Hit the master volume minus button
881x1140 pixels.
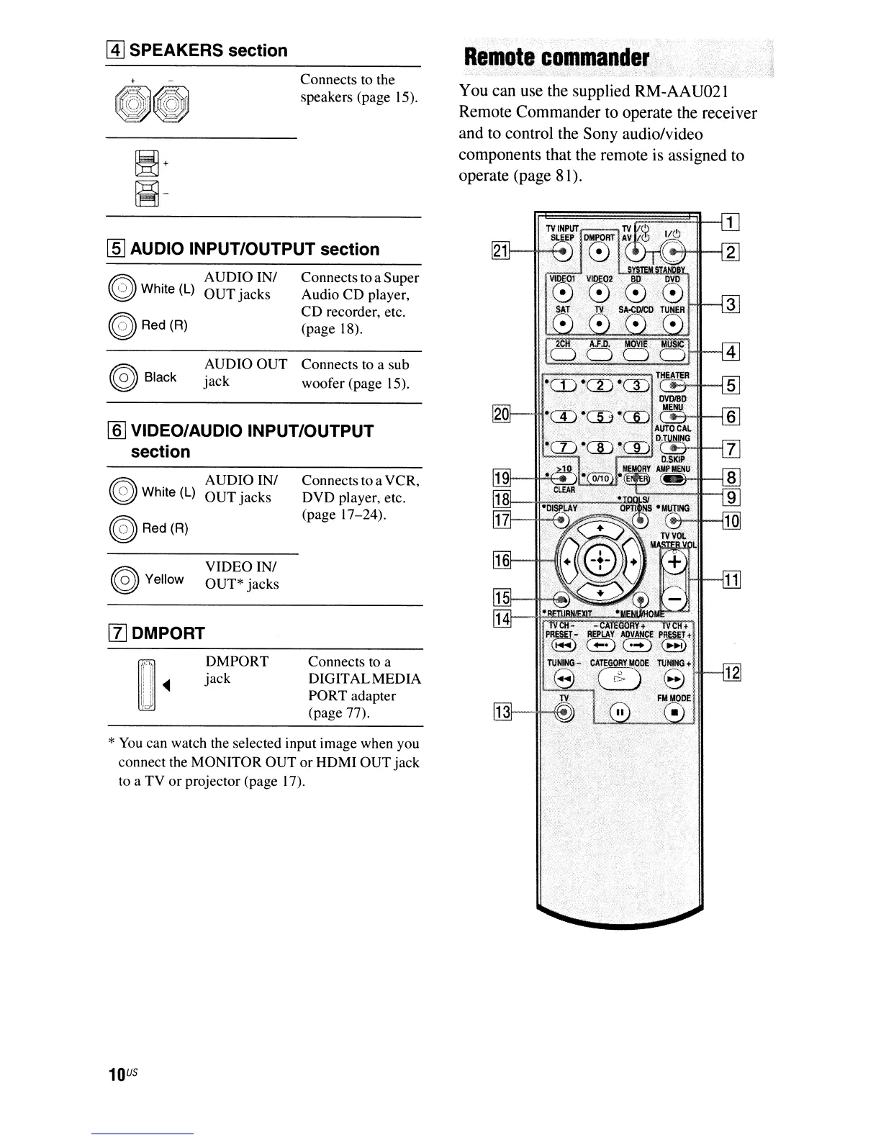pyautogui.click(x=674, y=599)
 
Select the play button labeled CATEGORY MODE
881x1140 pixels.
pyautogui.click(x=617, y=678)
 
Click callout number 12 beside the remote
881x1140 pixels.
pyautogui.click(x=731, y=672)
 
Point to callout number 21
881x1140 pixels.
pyautogui.click(x=500, y=250)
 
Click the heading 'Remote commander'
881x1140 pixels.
pyautogui.click(x=556, y=58)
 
